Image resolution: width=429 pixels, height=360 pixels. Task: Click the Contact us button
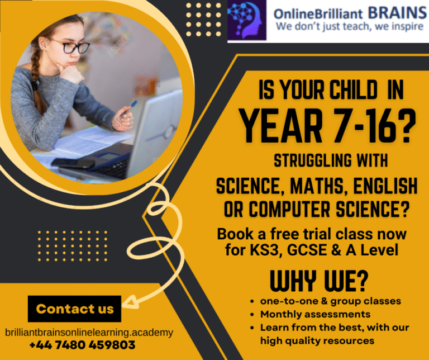click(74, 309)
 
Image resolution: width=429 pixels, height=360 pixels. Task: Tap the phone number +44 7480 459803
click(82, 345)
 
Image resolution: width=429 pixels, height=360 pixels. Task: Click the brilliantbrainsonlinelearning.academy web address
click(89, 333)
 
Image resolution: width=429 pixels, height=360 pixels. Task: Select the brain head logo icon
click(247, 20)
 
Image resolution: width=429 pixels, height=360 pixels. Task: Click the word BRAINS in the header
click(397, 12)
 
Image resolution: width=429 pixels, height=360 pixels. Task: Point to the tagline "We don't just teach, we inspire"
click(350, 27)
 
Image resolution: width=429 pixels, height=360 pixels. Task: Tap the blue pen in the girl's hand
click(129, 108)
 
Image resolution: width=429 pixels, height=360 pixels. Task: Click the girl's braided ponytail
click(36, 80)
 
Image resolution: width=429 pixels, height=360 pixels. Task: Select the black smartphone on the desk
click(73, 163)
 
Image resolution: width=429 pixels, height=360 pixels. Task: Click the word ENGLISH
click(385, 186)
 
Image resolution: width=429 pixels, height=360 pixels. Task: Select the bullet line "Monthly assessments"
click(315, 314)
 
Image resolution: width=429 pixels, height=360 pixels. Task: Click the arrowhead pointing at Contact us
click(129, 302)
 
